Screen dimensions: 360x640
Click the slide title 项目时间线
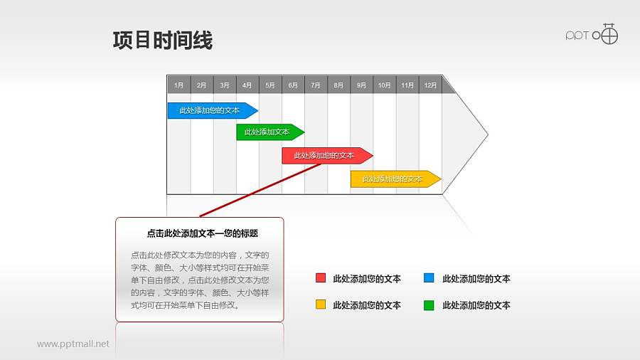click(162, 41)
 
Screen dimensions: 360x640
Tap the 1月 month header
click(178, 85)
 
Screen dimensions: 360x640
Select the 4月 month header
click(247, 85)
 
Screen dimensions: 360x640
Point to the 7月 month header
click(316, 85)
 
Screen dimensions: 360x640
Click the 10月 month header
click(384, 85)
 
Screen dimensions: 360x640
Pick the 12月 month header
click(430, 85)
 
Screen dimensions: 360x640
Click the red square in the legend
click(321, 278)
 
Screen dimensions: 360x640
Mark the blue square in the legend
click(429, 278)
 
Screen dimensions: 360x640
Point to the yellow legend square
click(321, 305)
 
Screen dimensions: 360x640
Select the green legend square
click(429, 305)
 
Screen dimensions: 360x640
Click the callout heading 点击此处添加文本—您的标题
click(202, 233)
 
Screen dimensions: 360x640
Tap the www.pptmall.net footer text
click(73, 344)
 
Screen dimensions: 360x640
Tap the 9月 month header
click(361, 85)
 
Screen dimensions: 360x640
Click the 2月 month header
click(201, 85)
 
